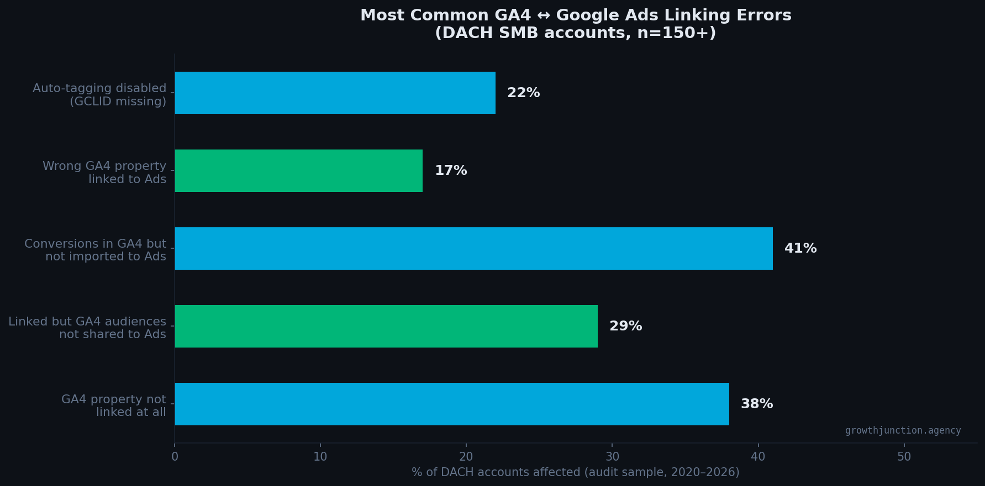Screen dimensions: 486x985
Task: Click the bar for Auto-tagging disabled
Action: (335, 93)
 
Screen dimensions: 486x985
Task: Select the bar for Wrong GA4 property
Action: (298, 170)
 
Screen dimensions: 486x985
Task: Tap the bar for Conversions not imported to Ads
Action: (473, 248)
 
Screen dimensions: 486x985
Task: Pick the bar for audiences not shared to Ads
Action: (386, 326)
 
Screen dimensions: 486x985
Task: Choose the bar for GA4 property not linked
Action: (451, 404)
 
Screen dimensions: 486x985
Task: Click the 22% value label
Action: (523, 93)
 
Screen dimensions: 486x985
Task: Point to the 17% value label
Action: (451, 170)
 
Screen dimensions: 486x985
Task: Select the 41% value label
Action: (800, 248)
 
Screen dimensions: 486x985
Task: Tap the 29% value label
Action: (625, 326)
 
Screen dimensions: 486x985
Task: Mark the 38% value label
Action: (756, 404)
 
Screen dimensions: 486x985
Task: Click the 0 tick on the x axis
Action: (175, 457)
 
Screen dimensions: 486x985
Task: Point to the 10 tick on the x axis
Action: (320, 457)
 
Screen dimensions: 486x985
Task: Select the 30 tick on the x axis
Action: (612, 457)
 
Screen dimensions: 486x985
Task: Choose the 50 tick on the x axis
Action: (904, 457)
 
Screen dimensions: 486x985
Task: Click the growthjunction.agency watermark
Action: (903, 430)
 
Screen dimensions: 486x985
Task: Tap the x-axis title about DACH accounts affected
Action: (575, 472)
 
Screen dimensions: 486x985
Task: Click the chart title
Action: (575, 24)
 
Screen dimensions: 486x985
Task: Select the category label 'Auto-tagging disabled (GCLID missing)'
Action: (99, 95)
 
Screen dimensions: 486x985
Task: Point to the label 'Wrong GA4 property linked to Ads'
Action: (104, 173)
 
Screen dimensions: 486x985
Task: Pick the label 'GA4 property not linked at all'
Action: (114, 405)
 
